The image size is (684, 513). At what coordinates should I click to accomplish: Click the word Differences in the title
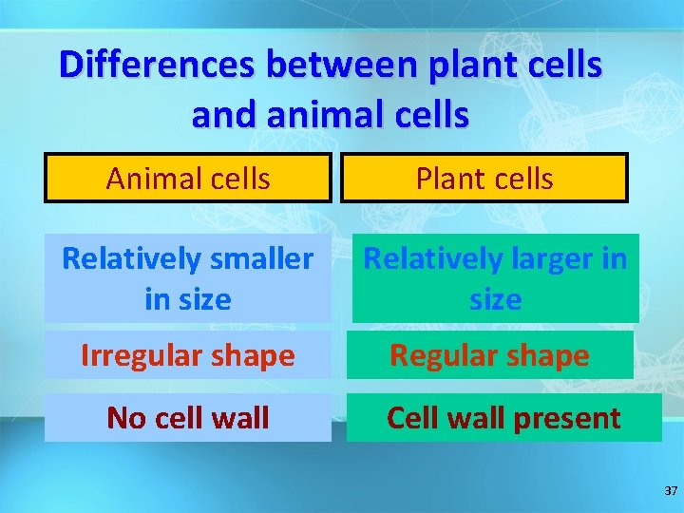tap(158, 65)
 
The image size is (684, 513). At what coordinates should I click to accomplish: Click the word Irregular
tap(135, 356)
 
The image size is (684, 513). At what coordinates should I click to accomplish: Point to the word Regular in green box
tap(442, 356)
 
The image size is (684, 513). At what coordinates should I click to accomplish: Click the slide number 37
tap(671, 491)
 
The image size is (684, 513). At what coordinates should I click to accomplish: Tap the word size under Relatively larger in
tap(495, 300)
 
